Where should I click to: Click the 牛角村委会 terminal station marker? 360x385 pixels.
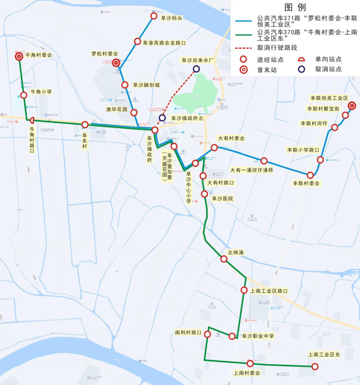(x=19, y=57)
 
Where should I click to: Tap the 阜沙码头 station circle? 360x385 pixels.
(x=154, y=16)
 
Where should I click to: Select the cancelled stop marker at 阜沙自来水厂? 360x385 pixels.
(x=196, y=69)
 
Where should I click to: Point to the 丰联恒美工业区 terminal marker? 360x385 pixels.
(x=352, y=106)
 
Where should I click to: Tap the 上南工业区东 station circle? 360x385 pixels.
(x=315, y=367)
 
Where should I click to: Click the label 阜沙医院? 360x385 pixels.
(x=222, y=199)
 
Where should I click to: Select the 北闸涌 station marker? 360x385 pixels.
(x=224, y=259)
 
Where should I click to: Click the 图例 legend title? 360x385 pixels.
(x=295, y=7)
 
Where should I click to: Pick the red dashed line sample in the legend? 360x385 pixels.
(x=243, y=48)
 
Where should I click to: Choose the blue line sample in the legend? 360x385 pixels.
(x=243, y=21)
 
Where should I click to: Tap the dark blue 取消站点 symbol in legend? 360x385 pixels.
(x=301, y=69)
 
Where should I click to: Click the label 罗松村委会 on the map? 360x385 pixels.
(x=105, y=54)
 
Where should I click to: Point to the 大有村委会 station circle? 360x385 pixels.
(x=214, y=148)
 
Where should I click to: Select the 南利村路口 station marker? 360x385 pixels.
(x=207, y=334)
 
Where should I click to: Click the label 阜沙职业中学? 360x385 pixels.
(x=258, y=336)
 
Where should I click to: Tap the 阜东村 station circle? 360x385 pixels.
(x=85, y=125)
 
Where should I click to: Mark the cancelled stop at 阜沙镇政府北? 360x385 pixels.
(x=162, y=118)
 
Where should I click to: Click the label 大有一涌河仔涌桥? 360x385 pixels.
(x=252, y=170)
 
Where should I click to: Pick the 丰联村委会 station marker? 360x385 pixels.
(x=310, y=175)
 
